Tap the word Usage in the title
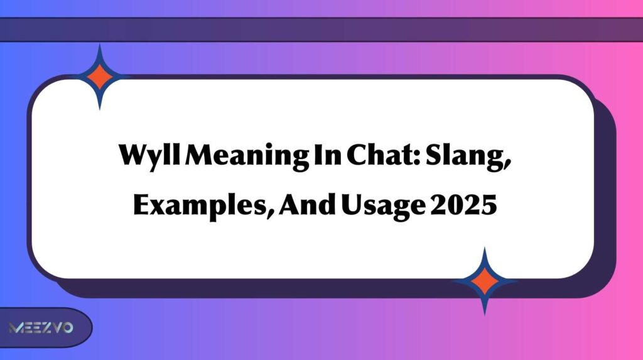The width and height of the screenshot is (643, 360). tap(382, 206)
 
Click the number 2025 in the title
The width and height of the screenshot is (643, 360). tap(465, 205)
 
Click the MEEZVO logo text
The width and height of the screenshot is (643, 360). tap(41, 328)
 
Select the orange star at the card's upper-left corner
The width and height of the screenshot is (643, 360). tap(100, 77)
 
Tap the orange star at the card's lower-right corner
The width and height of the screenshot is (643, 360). tap(484, 281)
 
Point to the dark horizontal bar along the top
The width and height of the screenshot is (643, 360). tap(321, 30)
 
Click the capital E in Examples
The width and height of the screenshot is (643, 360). tap(141, 205)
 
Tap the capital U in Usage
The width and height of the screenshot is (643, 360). tap(352, 205)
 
